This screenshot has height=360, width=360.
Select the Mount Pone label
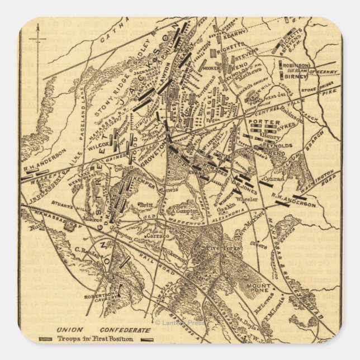pos(258,289)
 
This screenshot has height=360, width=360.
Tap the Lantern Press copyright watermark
pos(180,323)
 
